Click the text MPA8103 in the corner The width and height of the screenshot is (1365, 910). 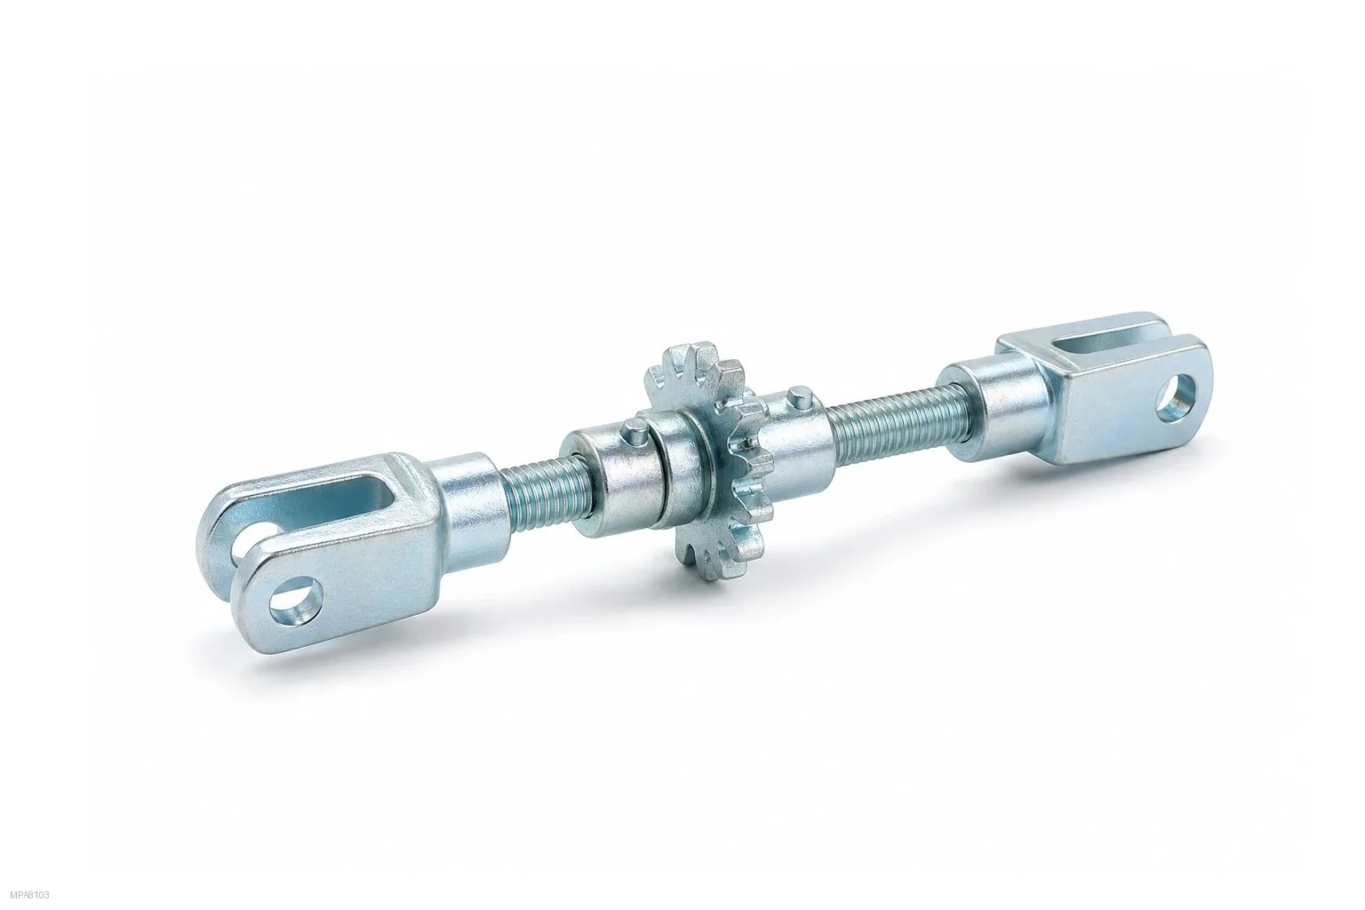29,896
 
